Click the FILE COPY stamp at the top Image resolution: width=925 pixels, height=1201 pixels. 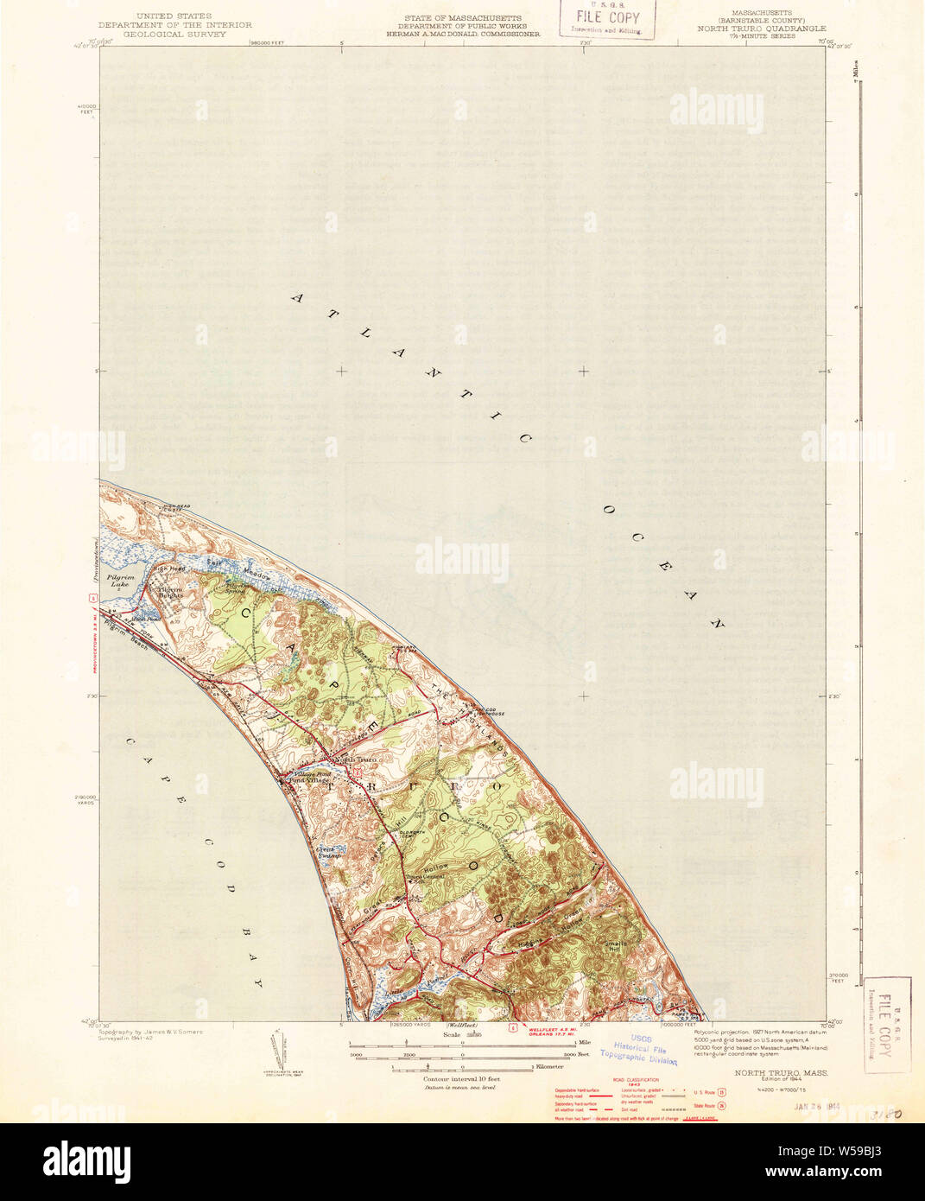click(x=607, y=18)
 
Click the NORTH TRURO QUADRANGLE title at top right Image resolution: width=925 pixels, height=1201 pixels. click(x=762, y=29)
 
